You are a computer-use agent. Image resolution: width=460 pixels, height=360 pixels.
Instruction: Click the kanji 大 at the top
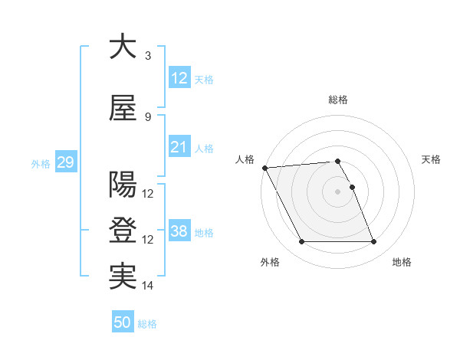click(x=123, y=47)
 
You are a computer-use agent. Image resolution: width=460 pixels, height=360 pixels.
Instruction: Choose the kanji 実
click(x=123, y=277)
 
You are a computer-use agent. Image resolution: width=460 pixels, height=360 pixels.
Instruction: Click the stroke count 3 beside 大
click(x=148, y=56)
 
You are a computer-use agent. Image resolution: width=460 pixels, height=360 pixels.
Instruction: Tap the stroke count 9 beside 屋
click(x=148, y=117)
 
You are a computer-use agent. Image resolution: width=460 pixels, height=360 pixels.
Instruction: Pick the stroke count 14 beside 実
click(x=148, y=286)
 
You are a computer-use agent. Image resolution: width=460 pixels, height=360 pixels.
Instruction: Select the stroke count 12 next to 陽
click(x=148, y=194)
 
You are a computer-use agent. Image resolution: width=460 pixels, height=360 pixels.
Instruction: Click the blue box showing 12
click(x=179, y=78)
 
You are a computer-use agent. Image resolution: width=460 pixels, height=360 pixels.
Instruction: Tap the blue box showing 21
click(x=179, y=147)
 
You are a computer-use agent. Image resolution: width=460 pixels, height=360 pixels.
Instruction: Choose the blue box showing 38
click(x=179, y=231)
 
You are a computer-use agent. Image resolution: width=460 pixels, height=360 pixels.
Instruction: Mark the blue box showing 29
click(x=64, y=162)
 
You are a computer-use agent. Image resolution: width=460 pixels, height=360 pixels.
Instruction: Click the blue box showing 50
click(x=122, y=323)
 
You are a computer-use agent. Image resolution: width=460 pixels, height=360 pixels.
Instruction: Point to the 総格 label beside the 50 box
click(x=147, y=324)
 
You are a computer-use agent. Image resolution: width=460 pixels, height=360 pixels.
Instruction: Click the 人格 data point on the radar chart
click(x=264, y=168)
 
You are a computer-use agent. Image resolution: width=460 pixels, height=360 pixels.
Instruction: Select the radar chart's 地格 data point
click(x=374, y=242)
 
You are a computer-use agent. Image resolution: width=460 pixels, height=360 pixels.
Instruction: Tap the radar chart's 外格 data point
click(x=301, y=242)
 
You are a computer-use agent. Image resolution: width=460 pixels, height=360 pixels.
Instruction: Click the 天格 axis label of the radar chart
click(x=431, y=159)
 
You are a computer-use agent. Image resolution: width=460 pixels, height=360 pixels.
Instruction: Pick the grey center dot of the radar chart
click(x=338, y=191)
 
